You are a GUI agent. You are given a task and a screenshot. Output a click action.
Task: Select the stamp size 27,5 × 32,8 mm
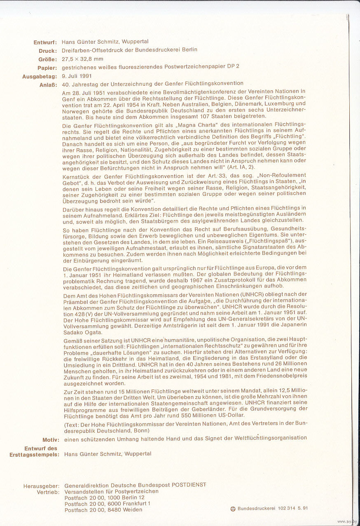[82, 59]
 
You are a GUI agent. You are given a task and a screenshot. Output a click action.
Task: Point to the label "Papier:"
[47, 68]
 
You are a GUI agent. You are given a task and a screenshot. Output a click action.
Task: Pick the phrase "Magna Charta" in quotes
[209, 125]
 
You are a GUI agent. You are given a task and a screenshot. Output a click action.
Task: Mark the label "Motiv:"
[51, 439]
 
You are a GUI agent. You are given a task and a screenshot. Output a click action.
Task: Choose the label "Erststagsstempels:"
[34, 454]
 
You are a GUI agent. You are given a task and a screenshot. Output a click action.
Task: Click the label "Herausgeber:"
[41, 486]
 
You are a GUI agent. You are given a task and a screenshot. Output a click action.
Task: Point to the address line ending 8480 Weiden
[103, 510]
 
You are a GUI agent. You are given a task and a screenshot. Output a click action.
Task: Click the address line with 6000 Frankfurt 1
[107, 503]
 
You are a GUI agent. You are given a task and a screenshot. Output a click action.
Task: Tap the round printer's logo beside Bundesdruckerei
[233, 509]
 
